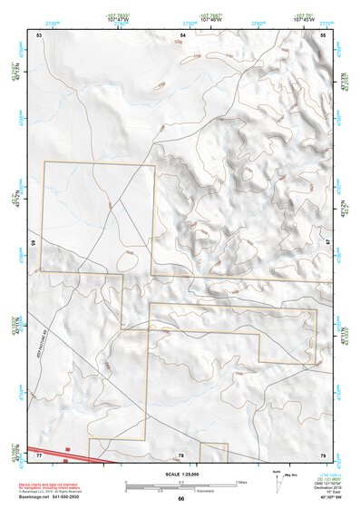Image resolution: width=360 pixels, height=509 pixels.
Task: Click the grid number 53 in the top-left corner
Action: click(x=39, y=34)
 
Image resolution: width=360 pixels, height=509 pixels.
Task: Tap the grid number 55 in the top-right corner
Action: click(x=324, y=34)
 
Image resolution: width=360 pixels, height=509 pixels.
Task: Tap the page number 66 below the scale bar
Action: click(x=180, y=498)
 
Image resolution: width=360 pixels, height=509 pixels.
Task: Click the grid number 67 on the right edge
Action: click(x=328, y=243)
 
